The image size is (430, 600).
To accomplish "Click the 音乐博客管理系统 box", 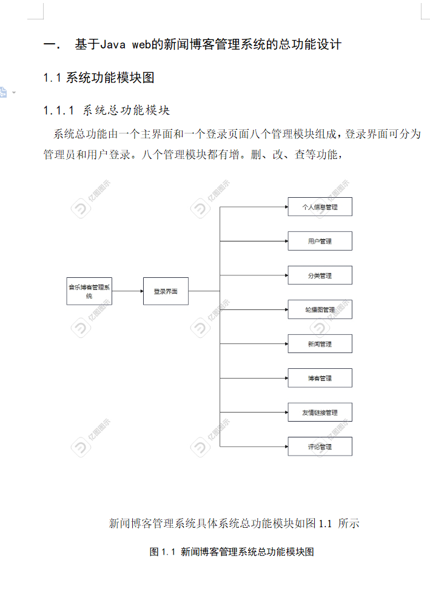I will pyautogui.click(x=89, y=291).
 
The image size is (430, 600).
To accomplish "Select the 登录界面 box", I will pyautogui.click(x=166, y=291).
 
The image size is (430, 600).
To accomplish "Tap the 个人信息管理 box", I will pyautogui.click(x=320, y=207).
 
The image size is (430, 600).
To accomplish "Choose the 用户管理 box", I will pyautogui.click(x=320, y=241).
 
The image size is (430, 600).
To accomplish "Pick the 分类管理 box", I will pyautogui.click(x=320, y=275).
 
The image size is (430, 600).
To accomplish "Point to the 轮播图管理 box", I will pyautogui.click(x=320, y=309).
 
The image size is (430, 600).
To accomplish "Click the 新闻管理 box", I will pyautogui.click(x=320, y=344).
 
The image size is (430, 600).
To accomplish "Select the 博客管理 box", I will pyautogui.click(x=320, y=378).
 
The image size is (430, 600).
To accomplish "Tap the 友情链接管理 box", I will pyautogui.click(x=320, y=413).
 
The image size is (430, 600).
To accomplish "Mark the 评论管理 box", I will pyautogui.click(x=320, y=447).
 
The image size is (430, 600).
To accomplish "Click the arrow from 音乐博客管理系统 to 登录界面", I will pyautogui.click(x=127, y=291).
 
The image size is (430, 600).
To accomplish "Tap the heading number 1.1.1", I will pyautogui.click(x=59, y=110).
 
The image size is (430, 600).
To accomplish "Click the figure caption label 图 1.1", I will pyautogui.click(x=162, y=552).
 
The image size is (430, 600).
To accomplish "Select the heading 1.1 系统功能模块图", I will pyautogui.click(x=99, y=78).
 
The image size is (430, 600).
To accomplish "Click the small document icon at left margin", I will pyautogui.click(x=3, y=92).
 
